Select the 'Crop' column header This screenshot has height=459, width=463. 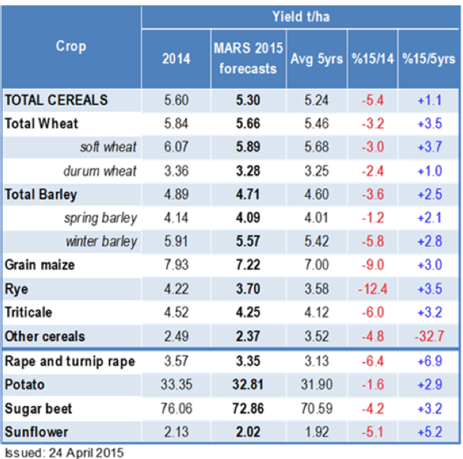pyautogui.click(x=70, y=46)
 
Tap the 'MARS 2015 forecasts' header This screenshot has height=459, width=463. pyautogui.click(x=245, y=59)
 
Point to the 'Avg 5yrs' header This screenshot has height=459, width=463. pyautogui.click(x=313, y=59)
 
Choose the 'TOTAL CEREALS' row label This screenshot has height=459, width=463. pyautogui.click(x=56, y=100)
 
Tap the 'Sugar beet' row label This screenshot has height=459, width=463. pyautogui.click(x=39, y=409)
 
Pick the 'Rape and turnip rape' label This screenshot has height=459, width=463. pyautogui.click(x=70, y=361)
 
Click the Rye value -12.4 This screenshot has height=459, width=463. pyautogui.click(x=373, y=290)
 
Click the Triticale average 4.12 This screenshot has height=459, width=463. pyautogui.click(x=313, y=314)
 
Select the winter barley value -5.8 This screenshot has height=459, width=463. pyautogui.click(x=373, y=242)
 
